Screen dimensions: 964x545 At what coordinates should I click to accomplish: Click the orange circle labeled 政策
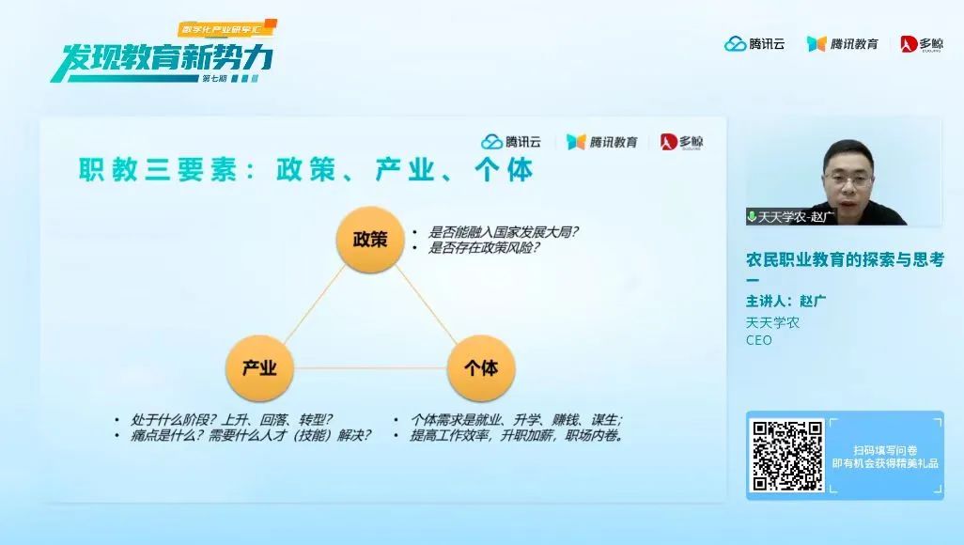tap(370, 240)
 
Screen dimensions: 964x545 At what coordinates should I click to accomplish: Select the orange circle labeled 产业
tap(259, 367)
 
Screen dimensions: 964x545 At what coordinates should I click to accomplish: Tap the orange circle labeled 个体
tap(481, 367)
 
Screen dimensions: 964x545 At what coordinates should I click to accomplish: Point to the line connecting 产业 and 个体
tap(370, 367)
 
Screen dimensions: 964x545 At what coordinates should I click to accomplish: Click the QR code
tap(787, 455)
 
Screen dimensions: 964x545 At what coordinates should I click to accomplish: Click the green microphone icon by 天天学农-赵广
tap(752, 216)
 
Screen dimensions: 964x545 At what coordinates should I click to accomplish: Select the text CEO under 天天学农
tap(758, 340)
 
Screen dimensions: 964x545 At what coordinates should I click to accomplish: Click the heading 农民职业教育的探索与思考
tap(845, 259)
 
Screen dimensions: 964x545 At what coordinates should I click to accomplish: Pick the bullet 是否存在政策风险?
tap(484, 248)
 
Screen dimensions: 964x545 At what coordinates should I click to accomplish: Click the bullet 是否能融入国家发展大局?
tap(503, 232)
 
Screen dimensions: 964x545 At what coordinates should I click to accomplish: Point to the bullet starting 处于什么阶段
tap(231, 419)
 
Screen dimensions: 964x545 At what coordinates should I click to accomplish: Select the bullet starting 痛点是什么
tap(251, 435)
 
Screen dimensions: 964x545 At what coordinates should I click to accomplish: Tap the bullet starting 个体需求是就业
tap(517, 419)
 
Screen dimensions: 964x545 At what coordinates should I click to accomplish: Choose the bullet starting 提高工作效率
tap(517, 435)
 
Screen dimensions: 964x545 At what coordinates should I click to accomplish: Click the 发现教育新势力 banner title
tap(163, 58)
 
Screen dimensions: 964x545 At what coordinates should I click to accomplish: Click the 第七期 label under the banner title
tap(214, 79)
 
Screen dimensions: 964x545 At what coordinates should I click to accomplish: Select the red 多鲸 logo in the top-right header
tap(922, 43)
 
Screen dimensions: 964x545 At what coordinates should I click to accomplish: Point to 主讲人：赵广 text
tap(785, 302)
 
